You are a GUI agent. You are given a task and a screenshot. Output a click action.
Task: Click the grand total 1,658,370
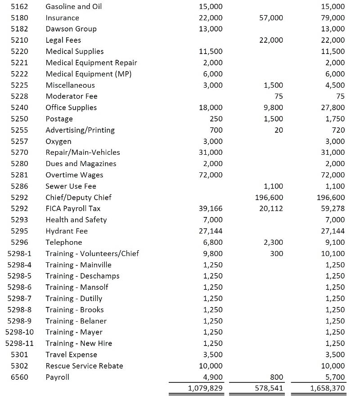(328, 388)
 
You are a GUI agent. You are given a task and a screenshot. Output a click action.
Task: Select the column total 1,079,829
(205, 388)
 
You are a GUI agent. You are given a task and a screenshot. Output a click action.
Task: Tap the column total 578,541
(268, 388)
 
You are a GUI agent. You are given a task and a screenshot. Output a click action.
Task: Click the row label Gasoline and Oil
(74, 7)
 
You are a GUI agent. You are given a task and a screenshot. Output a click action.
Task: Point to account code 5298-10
(19, 332)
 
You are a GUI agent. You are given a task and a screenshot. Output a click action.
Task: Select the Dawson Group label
(71, 29)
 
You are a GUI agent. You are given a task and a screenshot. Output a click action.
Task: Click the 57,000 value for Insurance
(271, 18)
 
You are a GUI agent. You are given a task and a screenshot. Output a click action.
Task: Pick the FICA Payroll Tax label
(73, 209)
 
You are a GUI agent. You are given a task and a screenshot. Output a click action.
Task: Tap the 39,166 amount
(210, 209)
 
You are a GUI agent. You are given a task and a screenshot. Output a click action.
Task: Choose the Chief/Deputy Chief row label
(78, 198)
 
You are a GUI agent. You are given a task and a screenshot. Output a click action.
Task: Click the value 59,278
(333, 209)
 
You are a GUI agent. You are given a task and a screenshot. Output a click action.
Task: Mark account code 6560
(19, 377)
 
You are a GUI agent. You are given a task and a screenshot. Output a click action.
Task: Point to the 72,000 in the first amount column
(210, 175)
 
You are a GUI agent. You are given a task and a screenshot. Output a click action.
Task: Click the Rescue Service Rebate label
(84, 366)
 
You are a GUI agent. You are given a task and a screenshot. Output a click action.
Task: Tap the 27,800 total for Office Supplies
(333, 108)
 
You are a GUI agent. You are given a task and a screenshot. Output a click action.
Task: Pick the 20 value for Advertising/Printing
(279, 130)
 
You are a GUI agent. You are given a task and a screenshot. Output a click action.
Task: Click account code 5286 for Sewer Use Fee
(19, 186)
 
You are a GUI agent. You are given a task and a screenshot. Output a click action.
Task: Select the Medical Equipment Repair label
(91, 63)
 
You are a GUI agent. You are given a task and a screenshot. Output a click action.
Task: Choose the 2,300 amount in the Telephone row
(274, 243)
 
